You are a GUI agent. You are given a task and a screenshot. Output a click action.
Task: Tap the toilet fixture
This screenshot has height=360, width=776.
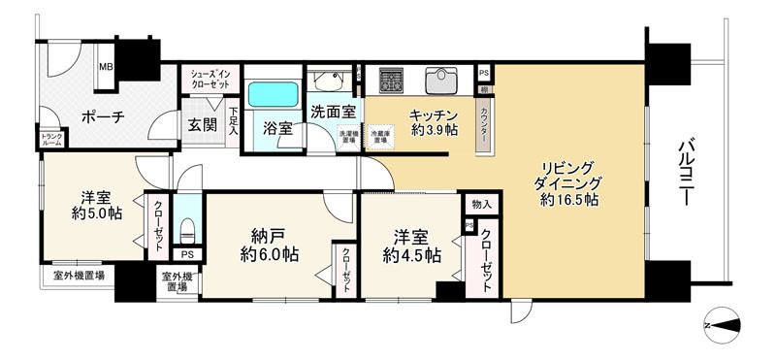[188, 231]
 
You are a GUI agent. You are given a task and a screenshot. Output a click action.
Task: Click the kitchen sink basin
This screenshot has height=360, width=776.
[441, 79]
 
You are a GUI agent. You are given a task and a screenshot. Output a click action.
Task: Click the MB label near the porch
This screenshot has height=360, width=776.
[107, 68]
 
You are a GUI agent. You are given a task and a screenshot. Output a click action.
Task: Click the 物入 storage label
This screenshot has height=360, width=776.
[482, 205]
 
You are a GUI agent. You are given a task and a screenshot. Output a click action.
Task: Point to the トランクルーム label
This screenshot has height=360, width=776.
[50, 141]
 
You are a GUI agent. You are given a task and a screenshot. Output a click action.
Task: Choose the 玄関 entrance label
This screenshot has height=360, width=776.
[202, 124]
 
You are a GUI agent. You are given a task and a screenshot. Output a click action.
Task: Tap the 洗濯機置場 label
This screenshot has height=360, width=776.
[347, 137]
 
